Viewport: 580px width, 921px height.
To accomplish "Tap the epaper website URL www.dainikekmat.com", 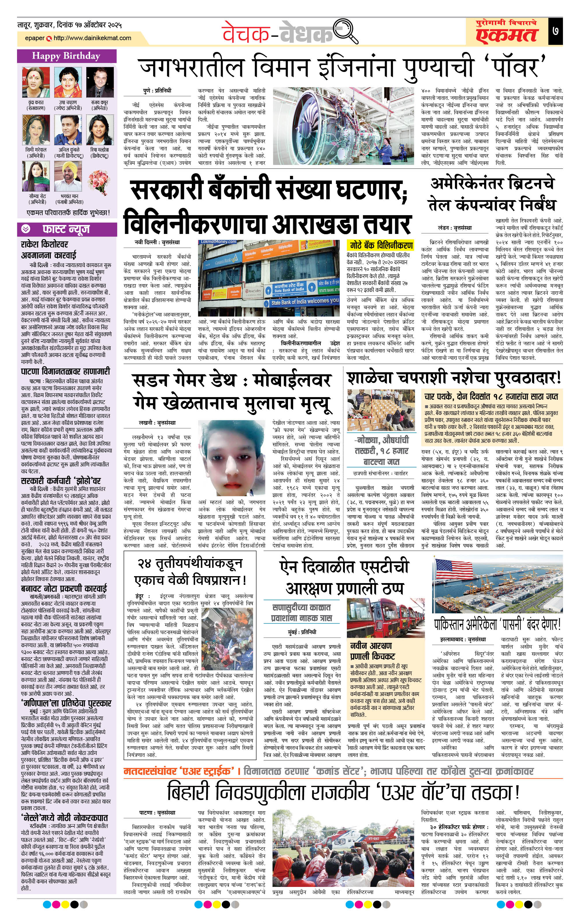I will [x=92, y=38].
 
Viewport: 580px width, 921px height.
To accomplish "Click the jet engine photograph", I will [x=343, y=126].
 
